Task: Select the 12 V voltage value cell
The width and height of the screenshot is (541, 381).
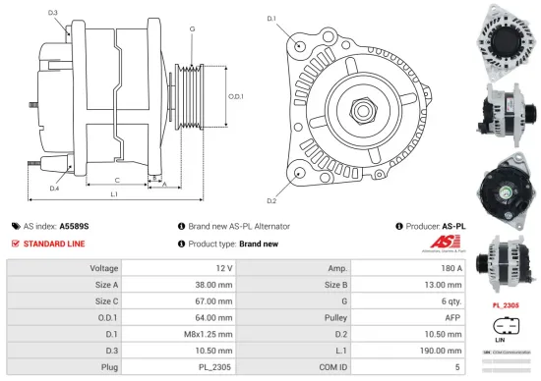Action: pyautogui.click(x=223, y=267)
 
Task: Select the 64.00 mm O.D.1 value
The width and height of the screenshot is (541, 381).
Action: pyautogui.click(x=215, y=318)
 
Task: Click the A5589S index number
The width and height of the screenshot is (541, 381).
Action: pyautogui.click(x=74, y=225)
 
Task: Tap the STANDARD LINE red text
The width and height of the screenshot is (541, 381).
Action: pyautogui.click(x=53, y=243)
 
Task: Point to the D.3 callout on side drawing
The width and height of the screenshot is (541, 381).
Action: pyautogui.click(x=52, y=13)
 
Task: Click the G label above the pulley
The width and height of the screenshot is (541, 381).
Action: pyautogui.click(x=191, y=30)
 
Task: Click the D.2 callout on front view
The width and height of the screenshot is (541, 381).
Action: pyautogui.click(x=271, y=173)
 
